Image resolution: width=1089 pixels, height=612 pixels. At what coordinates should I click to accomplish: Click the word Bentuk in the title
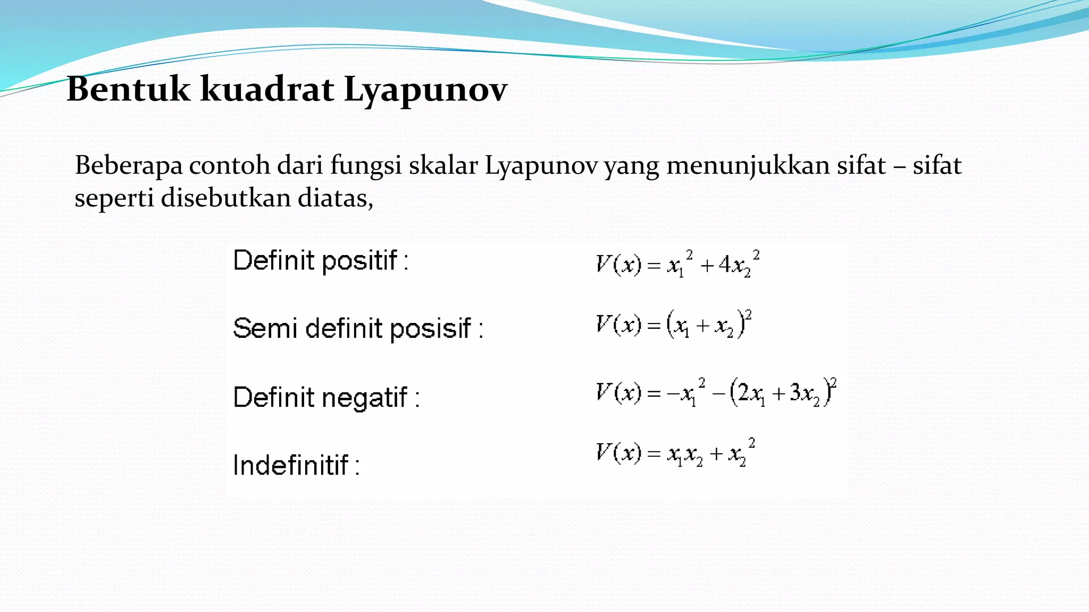click(128, 89)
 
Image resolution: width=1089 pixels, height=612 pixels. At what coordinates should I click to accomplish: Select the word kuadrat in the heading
click(267, 89)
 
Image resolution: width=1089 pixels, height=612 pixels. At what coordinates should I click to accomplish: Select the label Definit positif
click(321, 261)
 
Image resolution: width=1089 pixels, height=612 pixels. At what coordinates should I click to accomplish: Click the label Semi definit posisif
click(358, 328)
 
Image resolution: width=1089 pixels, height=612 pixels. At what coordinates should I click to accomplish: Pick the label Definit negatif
click(326, 397)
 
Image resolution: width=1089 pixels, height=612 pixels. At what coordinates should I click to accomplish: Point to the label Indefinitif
click(296, 465)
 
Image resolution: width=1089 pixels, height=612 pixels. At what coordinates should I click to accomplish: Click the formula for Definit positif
click(677, 264)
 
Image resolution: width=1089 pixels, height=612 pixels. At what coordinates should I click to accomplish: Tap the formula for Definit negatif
click(716, 393)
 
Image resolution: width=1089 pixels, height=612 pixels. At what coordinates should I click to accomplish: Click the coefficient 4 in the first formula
click(725, 265)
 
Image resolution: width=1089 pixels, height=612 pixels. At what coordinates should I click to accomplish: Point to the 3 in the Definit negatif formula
click(795, 393)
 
